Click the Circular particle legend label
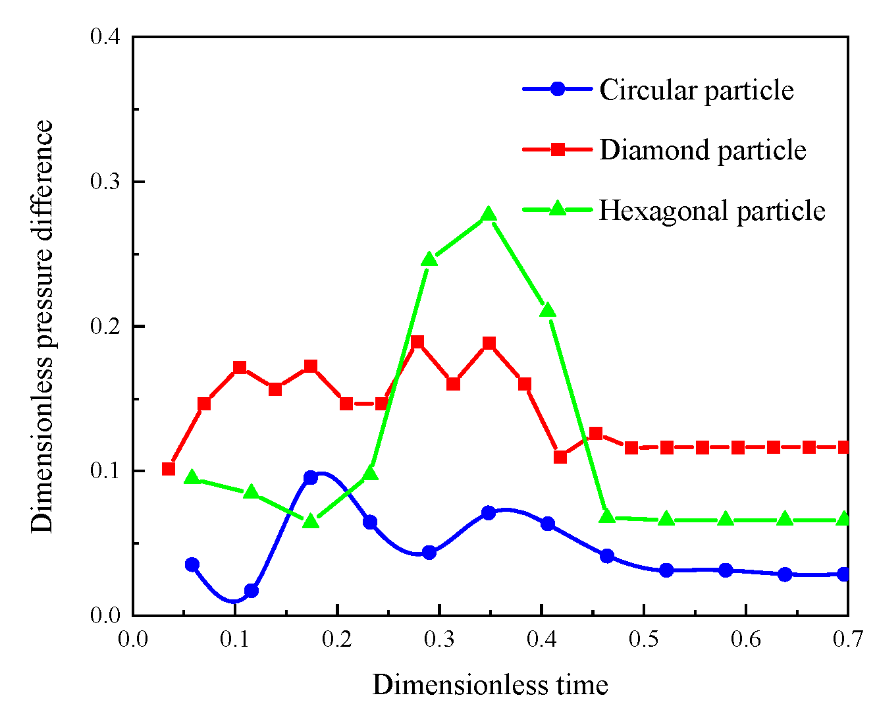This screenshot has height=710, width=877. coord(696,90)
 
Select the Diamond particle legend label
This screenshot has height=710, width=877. coord(703,150)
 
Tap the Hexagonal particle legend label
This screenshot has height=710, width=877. coord(712,211)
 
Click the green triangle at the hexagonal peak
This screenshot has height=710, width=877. coord(489,215)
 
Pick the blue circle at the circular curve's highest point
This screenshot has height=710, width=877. coord(311,478)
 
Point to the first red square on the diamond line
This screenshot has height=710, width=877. coord(169,469)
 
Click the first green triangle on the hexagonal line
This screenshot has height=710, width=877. coord(192,478)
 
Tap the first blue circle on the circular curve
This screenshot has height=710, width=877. coord(192,564)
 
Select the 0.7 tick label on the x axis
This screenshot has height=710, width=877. coord(847,639)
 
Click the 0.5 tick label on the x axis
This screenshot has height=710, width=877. coord(643,639)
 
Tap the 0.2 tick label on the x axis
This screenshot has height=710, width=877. coord(337,639)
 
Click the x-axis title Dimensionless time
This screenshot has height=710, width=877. coord(490,685)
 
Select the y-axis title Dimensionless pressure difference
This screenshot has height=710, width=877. coord(42,326)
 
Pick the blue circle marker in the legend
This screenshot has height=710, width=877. coord(558,89)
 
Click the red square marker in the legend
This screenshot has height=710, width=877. coord(558,150)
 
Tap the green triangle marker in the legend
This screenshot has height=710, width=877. coord(558,209)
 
